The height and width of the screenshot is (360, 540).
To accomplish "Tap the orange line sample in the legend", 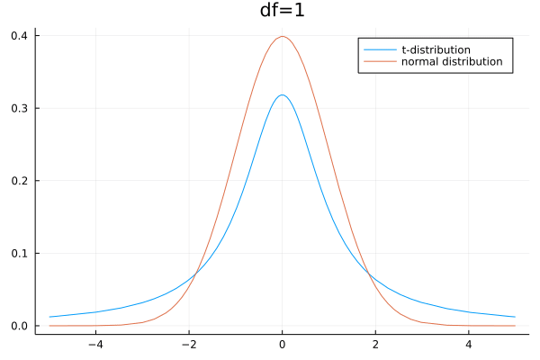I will click(x=379, y=62).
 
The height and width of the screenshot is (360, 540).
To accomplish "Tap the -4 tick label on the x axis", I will click(x=95, y=344).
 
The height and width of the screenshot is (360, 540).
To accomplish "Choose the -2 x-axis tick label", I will click(x=189, y=344).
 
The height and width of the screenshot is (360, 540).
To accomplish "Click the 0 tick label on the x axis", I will click(x=283, y=344).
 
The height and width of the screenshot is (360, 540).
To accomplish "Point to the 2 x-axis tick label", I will click(x=375, y=344).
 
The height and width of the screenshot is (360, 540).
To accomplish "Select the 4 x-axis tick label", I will click(x=469, y=344).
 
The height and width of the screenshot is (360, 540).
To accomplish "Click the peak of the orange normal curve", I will click(x=283, y=37).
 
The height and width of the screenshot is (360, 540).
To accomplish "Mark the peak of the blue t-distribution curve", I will click(x=283, y=95).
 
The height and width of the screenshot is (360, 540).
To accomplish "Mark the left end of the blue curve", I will click(x=49, y=317).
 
